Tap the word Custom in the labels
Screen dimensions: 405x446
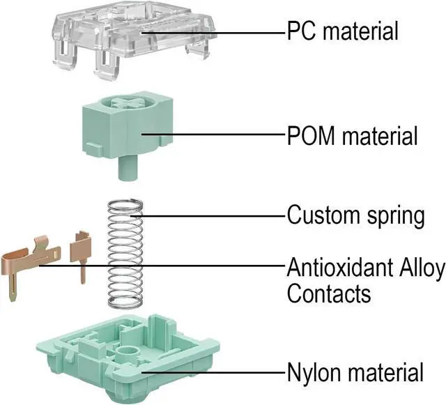pos(322,214)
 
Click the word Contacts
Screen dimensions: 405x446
pos(329,293)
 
